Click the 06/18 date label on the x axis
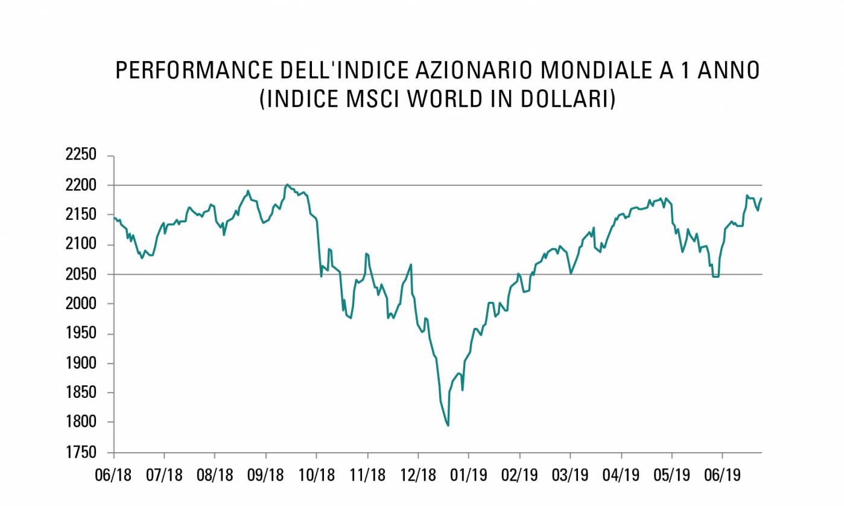tap(113, 474)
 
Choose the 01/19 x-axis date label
tap(469, 474)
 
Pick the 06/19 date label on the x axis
tap(723, 474)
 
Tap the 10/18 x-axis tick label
tap(317, 474)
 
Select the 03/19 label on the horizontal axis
tap(570, 474)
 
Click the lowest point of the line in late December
tap(448, 425)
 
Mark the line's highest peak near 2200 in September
tap(287, 185)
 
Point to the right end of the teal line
tap(761, 198)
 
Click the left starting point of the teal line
tap(114, 217)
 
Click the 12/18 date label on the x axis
tap(418, 474)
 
